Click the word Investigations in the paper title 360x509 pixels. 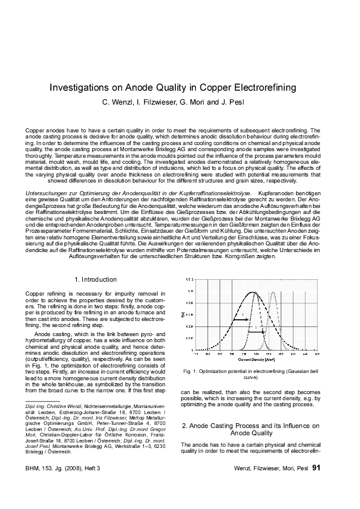pos(80,88)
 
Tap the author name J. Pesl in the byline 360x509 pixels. pos(234,101)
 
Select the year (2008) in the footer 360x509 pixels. pos(71,468)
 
